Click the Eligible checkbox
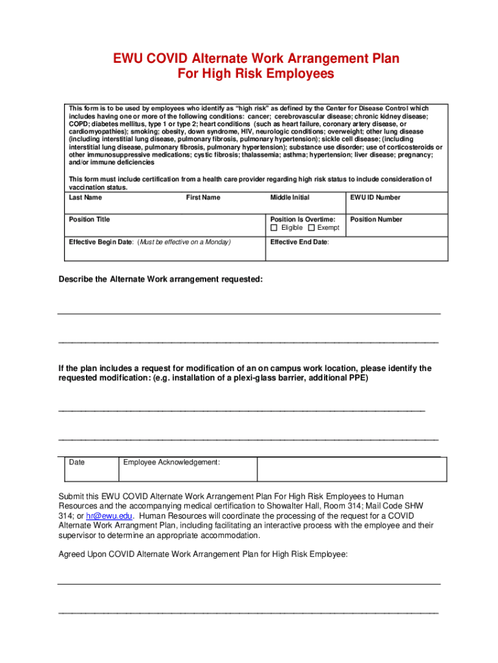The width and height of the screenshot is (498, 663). [274, 228]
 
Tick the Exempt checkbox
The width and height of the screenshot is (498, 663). [311, 228]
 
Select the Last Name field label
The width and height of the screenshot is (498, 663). [85, 197]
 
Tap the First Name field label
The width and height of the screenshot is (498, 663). [203, 197]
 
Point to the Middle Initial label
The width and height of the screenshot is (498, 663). [290, 197]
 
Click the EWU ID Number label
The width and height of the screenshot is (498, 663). [375, 197]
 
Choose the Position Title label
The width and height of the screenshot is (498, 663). [89, 219]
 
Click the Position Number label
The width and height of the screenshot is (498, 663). [376, 219]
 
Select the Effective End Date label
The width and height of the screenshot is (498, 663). [299, 242]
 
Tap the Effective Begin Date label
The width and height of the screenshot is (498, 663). [101, 242]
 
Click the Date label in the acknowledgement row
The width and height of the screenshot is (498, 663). [77, 462]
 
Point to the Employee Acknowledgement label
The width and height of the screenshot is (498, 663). [171, 462]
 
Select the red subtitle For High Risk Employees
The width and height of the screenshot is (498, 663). [256, 74]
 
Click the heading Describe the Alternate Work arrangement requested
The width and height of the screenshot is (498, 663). [161, 280]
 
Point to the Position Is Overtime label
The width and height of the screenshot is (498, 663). [303, 219]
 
